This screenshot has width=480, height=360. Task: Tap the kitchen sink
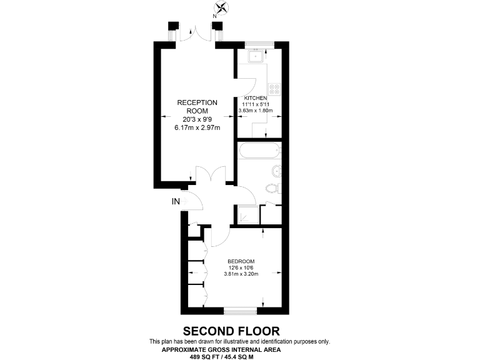(256, 56)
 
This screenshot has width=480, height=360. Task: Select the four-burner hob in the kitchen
(274, 88)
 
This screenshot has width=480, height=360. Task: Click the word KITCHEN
(256, 99)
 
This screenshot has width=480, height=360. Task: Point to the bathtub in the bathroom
(259, 151)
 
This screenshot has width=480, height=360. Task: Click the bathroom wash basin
(276, 171)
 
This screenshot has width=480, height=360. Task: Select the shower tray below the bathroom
(246, 214)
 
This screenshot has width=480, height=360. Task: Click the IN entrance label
(177, 201)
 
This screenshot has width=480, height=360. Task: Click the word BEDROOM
(241, 261)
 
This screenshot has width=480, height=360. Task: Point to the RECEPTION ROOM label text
(197, 107)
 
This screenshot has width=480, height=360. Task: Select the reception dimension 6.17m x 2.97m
(197, 127)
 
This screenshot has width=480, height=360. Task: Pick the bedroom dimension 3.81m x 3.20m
(241, 274)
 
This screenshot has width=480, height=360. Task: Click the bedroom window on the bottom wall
(241, 309)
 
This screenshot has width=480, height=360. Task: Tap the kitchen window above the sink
(259, 44)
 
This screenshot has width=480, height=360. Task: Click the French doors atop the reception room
(196, 34)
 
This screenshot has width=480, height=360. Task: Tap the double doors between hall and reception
(209, 177)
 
